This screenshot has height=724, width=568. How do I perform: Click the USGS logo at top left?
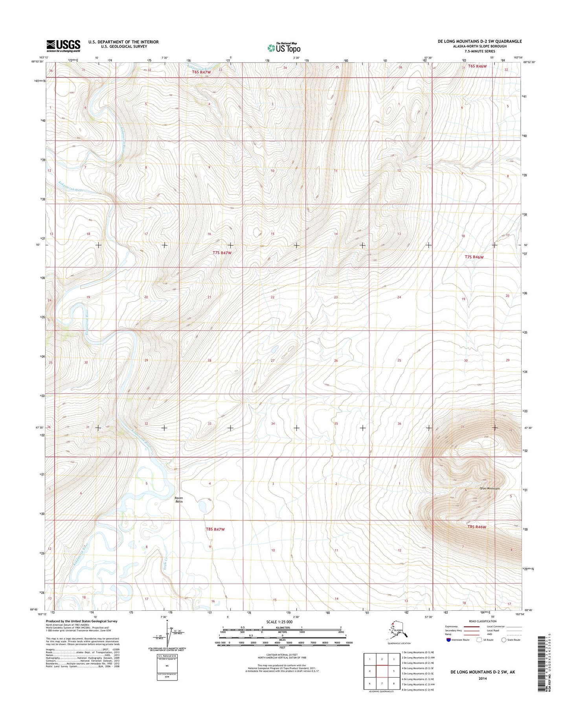click(x=63, y=46)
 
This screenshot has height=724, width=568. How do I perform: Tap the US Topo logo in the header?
click(x=284, y=48)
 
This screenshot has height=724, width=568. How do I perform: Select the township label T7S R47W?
click(x=222, y=253)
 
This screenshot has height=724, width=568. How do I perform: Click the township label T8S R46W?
click(x=477, y=527)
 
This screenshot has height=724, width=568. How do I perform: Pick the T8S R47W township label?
click(x=215, y=529)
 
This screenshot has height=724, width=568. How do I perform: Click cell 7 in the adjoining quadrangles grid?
click(x=382, y=684)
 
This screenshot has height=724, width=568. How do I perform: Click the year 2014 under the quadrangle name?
click(x=482, y=678)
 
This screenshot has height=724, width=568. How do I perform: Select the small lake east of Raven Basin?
click(x=203, y=505)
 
